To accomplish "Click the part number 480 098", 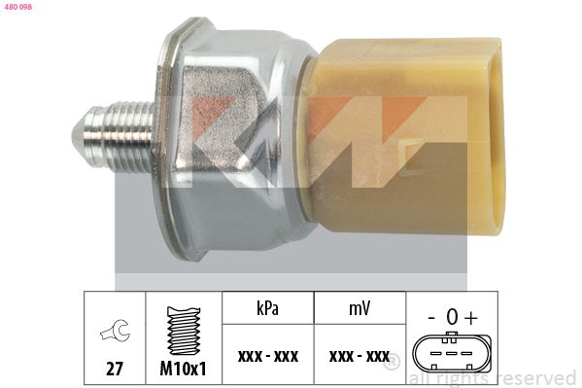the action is pos(18,7).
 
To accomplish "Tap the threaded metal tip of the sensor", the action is pos(114,135).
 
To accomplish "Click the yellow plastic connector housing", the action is pos(404,136).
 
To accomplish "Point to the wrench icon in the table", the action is pos(115,330).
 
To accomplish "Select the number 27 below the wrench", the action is pos(115,369).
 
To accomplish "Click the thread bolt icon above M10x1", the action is pos(184,331).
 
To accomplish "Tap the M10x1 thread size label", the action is pos(183,369).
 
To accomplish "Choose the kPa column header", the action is pos(267,308).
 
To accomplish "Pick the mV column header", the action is pos(359,308).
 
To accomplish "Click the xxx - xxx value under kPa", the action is pos(268,357).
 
